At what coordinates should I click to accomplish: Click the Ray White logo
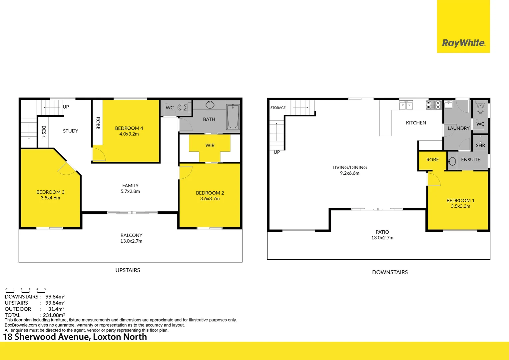pos(463,43)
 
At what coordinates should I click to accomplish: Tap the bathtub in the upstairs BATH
pos(233,117)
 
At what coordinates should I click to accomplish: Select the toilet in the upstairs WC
pos(183,107)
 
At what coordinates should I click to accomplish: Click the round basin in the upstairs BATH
pos(210,105)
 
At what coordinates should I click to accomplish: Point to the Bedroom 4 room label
pos(129,128)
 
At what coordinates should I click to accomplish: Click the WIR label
pos(210,145)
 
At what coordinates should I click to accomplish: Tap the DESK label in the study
pos(44,131)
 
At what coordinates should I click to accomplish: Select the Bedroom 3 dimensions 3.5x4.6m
pos(50,198)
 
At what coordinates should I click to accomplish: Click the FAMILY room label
pos(130,186)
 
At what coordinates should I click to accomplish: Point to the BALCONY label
pos(131,235)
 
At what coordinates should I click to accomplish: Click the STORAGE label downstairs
pos(278,108)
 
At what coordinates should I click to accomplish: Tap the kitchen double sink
pos(406,105)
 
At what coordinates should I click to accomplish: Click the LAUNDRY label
pos(458,128)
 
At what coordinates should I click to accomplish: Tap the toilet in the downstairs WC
pos(480,108)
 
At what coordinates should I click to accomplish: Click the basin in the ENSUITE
pos(452,161)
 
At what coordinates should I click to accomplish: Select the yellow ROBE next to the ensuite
pos(432,160)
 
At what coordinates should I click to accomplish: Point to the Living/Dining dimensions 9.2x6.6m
pos(349,173)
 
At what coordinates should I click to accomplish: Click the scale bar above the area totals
pos(26,291)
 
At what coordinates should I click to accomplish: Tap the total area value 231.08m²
pos(54,315)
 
